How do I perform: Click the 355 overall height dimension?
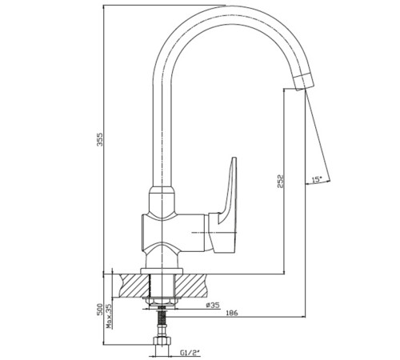point(100,139)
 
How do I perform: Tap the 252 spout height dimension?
point(280,182)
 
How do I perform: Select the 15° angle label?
point(317,179)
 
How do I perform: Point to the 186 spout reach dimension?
point(232,313)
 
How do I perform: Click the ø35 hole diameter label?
point(213,305)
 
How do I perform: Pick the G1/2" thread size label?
point(190,353)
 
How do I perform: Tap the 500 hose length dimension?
point(100,309)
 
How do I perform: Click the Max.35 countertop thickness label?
point(109,316)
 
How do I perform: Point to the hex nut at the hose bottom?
point(162,342)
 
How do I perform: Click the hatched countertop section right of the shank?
point(190,286)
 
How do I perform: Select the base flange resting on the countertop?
point(162,271)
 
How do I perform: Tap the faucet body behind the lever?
point(174,233)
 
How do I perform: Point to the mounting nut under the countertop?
point(161,301)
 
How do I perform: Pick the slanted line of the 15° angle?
point(318,136)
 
